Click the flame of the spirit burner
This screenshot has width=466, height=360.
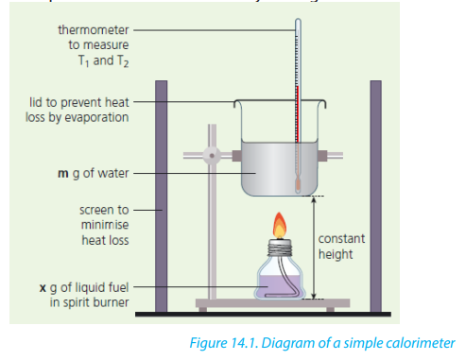(280, 226)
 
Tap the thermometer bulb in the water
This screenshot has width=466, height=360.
(298, 184)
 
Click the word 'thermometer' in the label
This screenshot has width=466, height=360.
(94, 30)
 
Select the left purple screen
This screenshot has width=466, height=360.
(161, 196)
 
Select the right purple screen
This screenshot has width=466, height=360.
(376, 196)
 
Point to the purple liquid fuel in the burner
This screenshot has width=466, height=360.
(279, 286)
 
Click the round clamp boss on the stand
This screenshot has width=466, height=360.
(212, 156)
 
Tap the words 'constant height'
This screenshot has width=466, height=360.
(341, 247)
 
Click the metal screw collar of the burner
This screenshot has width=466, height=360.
(280, 248)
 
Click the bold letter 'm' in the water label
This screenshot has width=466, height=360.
(63, 174)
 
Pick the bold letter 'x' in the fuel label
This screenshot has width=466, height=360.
(43, 288)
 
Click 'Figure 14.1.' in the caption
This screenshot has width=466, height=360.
(224, 343)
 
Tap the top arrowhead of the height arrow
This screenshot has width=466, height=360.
(313, 199)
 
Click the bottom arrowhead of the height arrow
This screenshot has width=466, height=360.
(313, 296)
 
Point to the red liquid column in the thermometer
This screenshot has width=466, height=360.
(297, 114)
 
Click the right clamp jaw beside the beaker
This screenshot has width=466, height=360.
(322, 156)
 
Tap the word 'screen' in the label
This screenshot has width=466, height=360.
(104, 210)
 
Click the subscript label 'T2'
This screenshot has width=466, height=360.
(123, 61)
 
